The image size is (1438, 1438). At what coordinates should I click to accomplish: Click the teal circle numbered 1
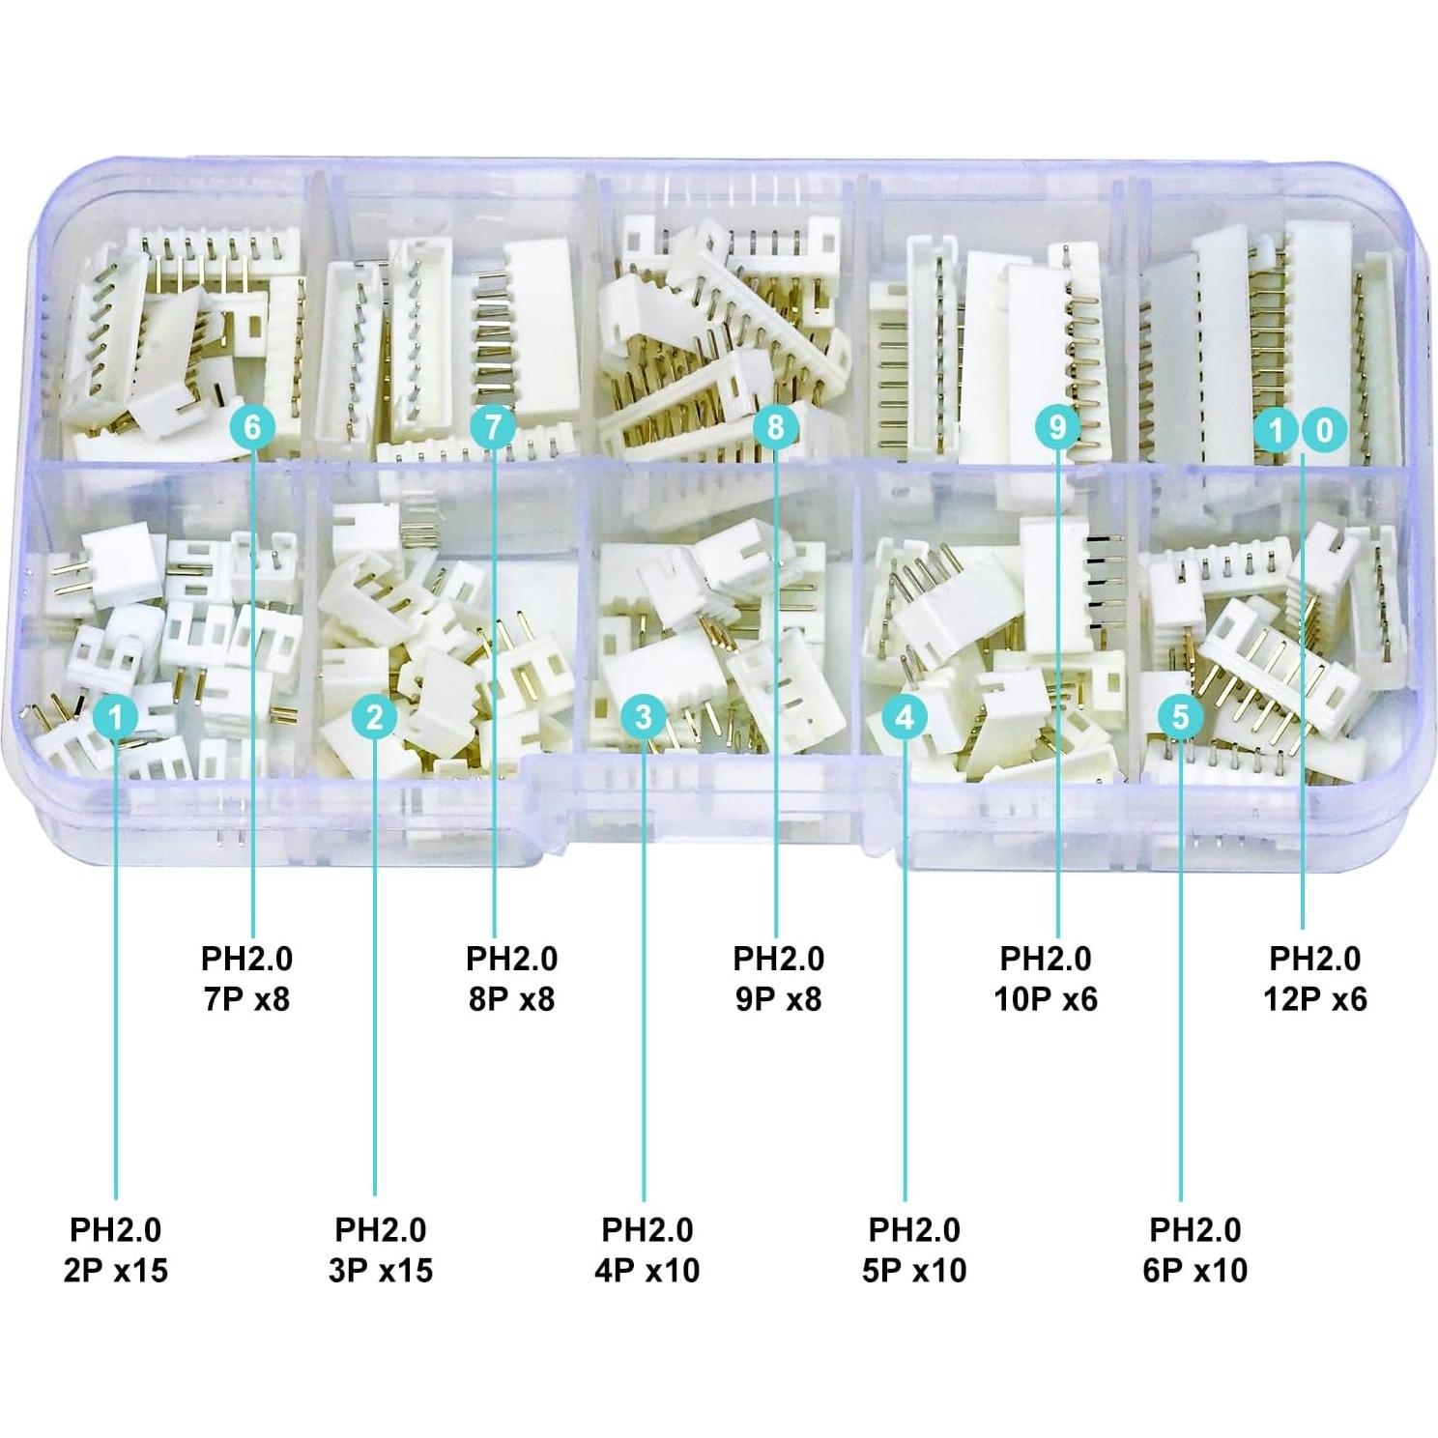click(116, 717)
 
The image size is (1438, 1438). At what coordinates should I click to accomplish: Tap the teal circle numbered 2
click(375, 717)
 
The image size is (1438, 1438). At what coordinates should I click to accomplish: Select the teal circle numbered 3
click(644, 717)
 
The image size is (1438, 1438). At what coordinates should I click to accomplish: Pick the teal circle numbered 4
click(905, 717)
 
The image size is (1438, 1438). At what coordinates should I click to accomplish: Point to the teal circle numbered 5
click(1180, 717)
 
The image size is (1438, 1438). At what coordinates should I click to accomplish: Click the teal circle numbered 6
click(252, 426)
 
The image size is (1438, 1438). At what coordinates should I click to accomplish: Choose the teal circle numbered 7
click(494, 426)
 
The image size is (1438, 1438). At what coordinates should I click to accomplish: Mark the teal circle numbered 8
click(775, 426)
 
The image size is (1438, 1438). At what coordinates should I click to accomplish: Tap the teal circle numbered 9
click(1056, 426)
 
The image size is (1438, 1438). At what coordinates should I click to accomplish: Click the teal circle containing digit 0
click(1324, 430)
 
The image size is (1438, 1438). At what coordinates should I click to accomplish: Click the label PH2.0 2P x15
click(116, 1250)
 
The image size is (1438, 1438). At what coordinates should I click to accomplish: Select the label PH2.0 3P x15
click(381, 1250)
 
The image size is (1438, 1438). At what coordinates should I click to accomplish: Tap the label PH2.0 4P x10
click(647, 1250)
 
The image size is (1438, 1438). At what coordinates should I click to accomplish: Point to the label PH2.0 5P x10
click(913, 1250)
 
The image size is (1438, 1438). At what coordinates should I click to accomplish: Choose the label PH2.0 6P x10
click(1194, 1250)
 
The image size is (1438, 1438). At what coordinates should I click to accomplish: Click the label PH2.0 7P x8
click(246, 978)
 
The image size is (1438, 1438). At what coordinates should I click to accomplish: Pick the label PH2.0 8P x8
click(511, 978)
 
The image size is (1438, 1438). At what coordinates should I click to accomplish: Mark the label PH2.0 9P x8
click(778, 978)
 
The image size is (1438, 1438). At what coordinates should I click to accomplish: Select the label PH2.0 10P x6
click(1046, 978)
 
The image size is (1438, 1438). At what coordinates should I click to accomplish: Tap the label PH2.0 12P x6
click(1314, 978)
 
